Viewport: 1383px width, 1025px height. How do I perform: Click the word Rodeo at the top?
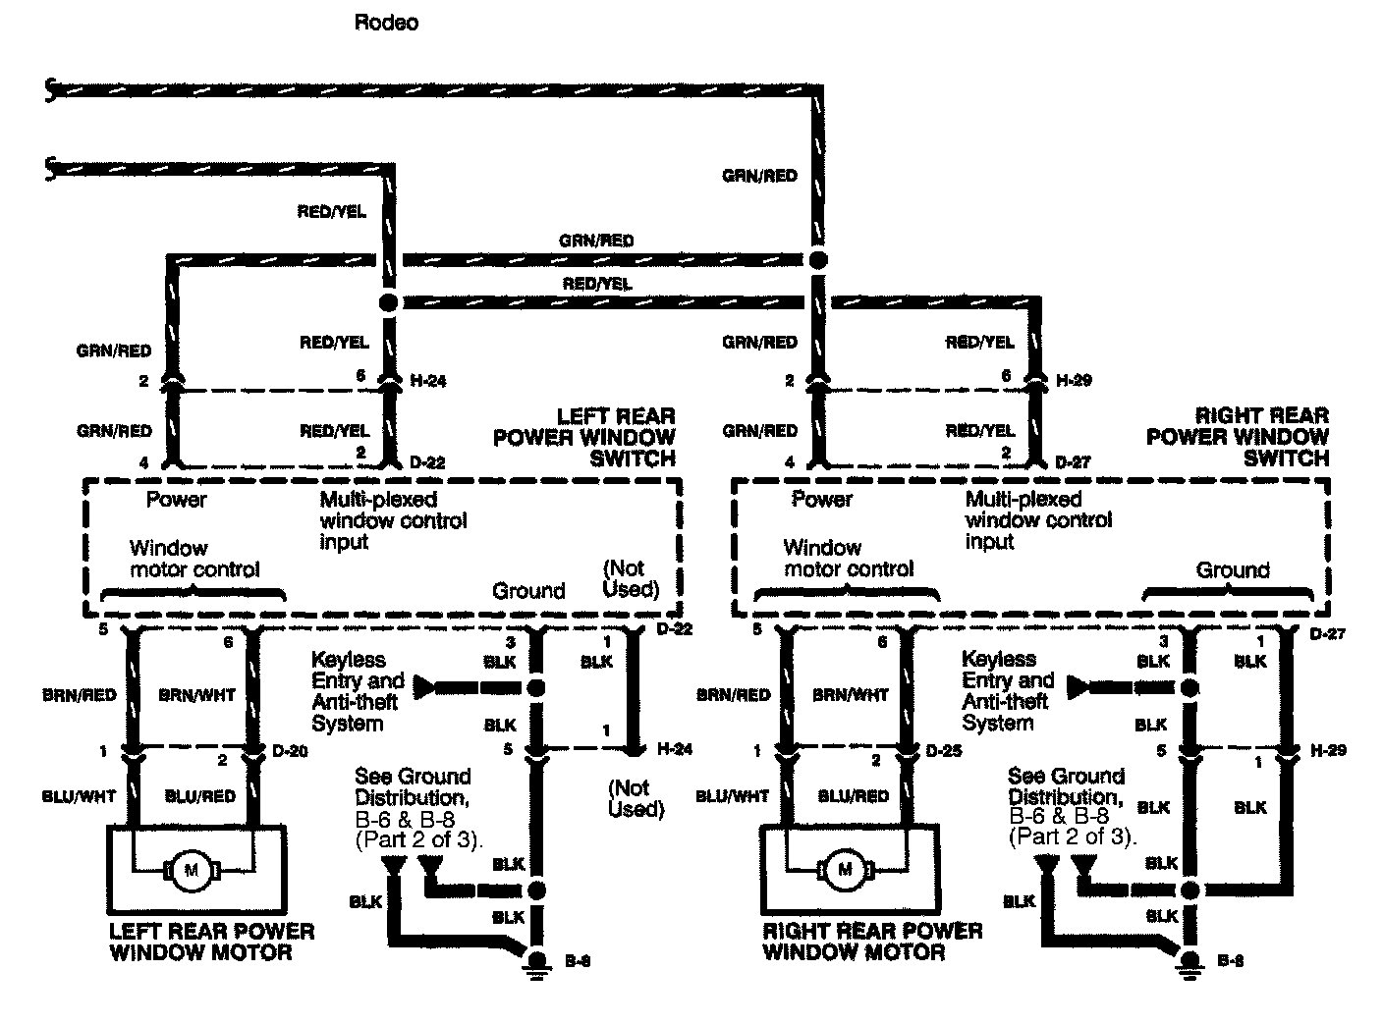[386, 23]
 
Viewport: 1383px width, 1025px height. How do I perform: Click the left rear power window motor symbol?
[191, 868]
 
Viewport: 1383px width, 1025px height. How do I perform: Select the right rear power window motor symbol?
[844, 869]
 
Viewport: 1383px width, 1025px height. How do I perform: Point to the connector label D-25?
[945, 752]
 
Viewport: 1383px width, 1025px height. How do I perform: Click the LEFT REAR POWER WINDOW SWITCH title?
[585, 437]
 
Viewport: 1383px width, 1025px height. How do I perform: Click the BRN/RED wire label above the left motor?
[80, 695]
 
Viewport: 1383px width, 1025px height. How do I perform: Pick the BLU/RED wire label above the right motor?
[854, 796]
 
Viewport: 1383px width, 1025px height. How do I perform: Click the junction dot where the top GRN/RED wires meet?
[818, 260]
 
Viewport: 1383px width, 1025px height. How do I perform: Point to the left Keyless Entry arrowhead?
[423, 686]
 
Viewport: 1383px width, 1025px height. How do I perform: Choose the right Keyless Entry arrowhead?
[1078, 686]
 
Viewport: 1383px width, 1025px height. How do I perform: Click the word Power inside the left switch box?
[177, 500]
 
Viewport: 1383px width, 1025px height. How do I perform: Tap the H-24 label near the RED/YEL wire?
[427, 380]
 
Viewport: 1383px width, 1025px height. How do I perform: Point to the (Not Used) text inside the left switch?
[630, 578]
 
